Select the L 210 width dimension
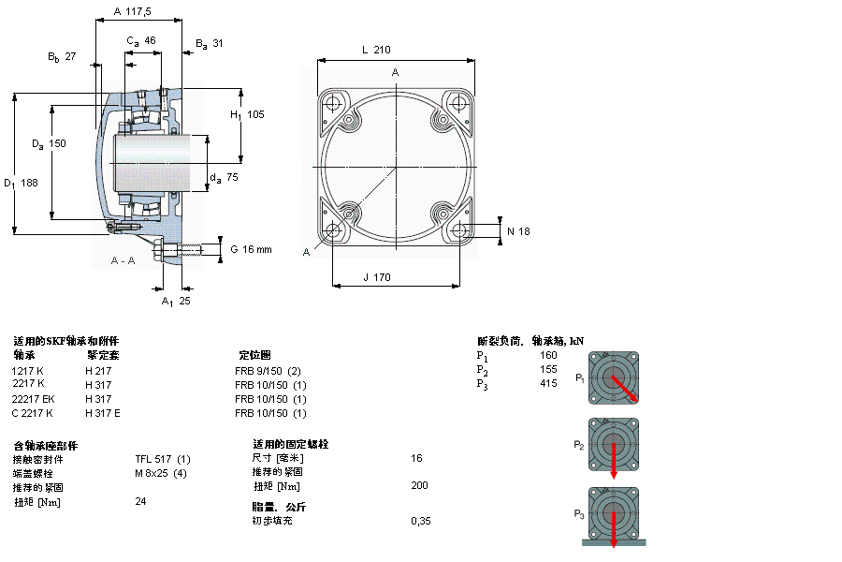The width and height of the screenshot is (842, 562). click(374, 50)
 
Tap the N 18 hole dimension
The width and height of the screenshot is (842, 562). click(518, 231)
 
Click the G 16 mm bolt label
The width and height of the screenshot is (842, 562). click(250, 248)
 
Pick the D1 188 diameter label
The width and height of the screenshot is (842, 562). click(21, 183)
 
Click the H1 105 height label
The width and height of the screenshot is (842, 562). click(247, 114)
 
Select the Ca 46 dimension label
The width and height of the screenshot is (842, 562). click(141, 40)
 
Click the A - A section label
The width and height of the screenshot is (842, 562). click(123, 259)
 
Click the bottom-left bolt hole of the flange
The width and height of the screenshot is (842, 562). click(333, 230)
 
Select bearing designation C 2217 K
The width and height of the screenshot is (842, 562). click(33, 413)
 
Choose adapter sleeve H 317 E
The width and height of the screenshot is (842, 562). click(103, 413)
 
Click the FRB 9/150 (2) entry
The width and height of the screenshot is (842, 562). click(267, 371)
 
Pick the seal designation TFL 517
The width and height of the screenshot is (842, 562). click(163, 459)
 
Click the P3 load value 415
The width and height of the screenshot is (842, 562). click(548, 383)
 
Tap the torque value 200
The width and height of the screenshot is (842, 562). click(419, 485)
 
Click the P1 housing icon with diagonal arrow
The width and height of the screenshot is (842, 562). click(614, 377)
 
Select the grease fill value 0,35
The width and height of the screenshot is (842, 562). click(421, 521)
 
